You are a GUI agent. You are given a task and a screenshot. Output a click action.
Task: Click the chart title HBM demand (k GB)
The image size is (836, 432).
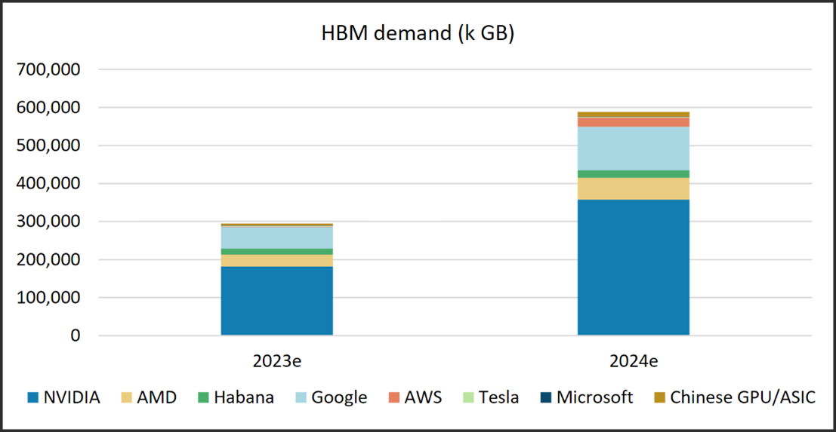point(417,34)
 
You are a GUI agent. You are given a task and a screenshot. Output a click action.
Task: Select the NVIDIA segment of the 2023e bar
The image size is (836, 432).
point(276,300)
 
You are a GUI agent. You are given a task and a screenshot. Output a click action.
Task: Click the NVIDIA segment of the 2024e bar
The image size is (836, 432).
point(633,267)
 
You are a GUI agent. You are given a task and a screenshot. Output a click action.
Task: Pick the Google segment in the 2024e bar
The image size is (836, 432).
point(633,148)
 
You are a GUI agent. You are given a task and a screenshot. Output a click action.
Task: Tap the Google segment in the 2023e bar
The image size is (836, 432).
point(276,237)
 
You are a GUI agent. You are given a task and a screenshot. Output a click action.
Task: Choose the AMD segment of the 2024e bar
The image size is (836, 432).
point(633,188)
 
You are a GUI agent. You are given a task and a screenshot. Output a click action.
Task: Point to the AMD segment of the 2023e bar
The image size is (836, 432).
point(276,260)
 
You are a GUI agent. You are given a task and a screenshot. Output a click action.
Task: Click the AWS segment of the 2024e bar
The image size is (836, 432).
point(633,122)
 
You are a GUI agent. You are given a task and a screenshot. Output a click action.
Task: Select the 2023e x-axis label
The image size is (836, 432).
point(276,360)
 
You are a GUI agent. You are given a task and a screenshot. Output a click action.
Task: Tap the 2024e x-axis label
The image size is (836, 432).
point(633,360)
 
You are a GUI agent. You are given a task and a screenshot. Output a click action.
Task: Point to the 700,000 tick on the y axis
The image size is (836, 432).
point(48,69)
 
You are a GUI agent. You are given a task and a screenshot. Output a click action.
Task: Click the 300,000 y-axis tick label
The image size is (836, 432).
point(48,222)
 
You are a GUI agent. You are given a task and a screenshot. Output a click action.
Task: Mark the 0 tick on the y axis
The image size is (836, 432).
point(73,335)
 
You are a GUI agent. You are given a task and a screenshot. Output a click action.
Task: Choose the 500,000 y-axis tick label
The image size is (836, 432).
point(48,146)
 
